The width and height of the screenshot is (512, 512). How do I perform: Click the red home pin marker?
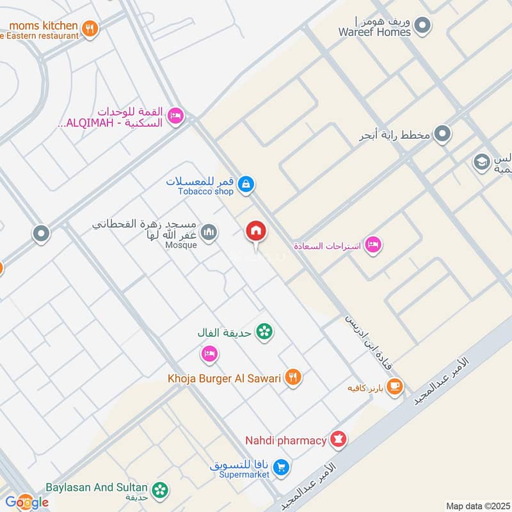pyautogui.click(x=256, y=231)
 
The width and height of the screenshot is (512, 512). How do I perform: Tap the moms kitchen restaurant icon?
pyautogui.click(x=90, y=28)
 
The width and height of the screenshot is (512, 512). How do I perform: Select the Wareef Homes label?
pyautogui.click(x=374, y=32)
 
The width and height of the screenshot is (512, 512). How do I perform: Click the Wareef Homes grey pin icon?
pyautogui.click(x=422, y=26)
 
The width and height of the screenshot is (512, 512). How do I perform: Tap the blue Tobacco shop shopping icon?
pyautogui.click(x=245, y=185)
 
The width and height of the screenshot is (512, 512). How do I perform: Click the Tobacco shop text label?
pyautogui.click(x=206, y=191)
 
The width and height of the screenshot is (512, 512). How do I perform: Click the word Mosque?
pyautogui.click(x=181, y=244)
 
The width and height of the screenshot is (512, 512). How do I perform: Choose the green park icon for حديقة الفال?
pyautogui.click(x=263, y=332)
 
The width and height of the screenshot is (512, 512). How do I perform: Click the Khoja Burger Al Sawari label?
pyautogui.click(x=225, y=378)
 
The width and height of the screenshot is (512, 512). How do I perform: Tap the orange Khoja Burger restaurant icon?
pyautogui.click(x=293, y=378)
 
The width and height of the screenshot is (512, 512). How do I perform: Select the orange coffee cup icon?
pyautogui.click(x=395, y=386)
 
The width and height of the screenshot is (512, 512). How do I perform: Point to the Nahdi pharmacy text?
pyautogui.click(x=285, y=440)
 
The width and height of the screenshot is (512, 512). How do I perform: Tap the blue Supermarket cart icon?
pyautogui.click(x=280, y=468)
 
